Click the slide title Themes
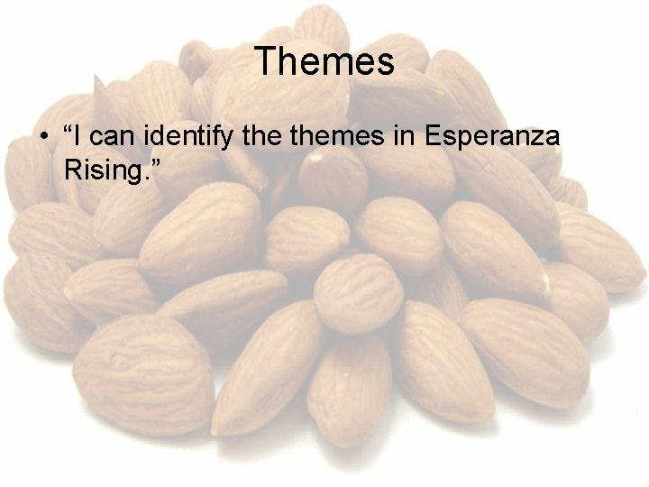pyautogui.click(x=324, y=61)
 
